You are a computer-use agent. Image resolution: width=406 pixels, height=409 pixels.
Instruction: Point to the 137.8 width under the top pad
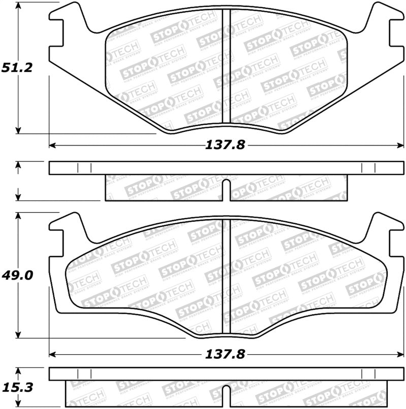tap(225, 145)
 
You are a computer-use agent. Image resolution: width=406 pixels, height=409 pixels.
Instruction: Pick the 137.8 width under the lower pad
tap(225, 355)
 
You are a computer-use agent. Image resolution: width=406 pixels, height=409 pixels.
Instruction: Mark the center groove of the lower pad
tap(226, 277)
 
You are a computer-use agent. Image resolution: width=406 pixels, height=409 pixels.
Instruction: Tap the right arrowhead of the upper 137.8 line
tap(401, 146)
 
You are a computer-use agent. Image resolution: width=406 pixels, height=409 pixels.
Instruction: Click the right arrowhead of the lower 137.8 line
tap(401, 355)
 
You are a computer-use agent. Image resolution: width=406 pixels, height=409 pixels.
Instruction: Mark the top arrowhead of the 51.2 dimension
tap(19, 6)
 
